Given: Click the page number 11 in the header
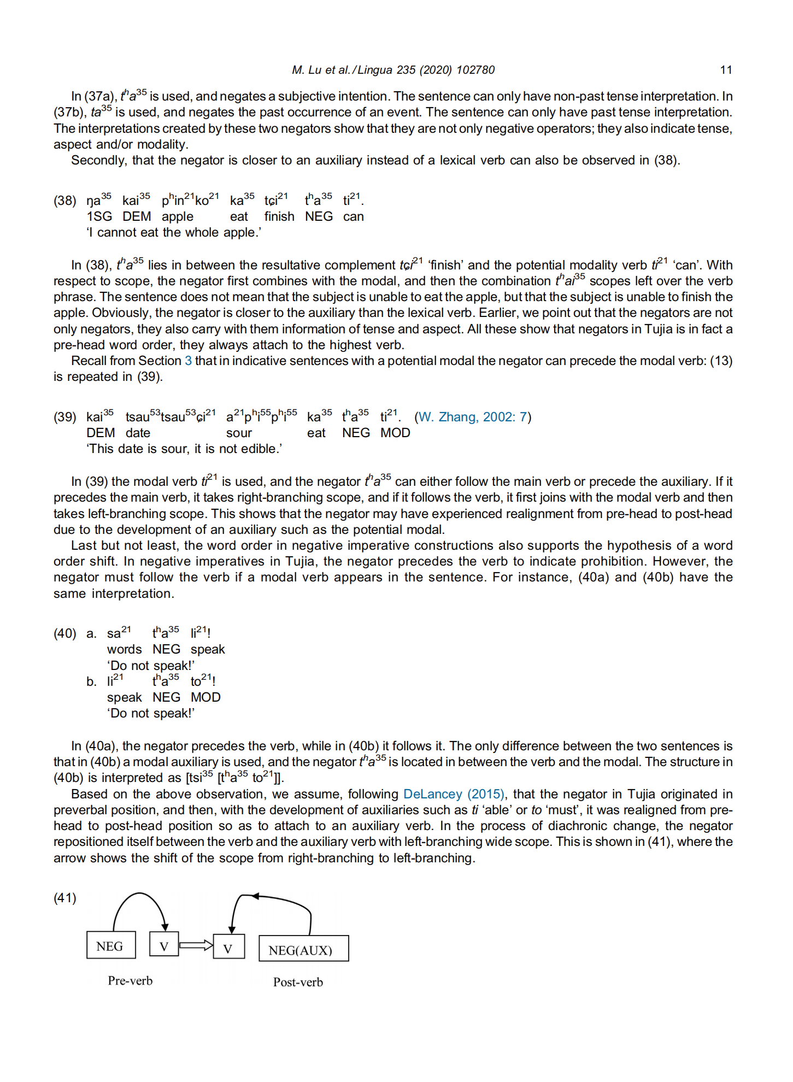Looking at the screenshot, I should [x=725, y=70].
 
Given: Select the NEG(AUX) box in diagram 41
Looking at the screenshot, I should [x=303, y=950].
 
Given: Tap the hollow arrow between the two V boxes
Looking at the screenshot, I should [x=196, y=945].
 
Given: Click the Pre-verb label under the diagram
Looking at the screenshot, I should [x=130, y=981].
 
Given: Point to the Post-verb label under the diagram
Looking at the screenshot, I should [x=298, y=983].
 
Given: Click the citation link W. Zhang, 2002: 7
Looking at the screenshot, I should [x=472, y=417].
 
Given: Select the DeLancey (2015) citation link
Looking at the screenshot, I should [x=454, y=794].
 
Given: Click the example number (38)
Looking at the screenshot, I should [x=65, y=201].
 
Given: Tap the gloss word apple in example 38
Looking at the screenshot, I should [x=177, y=216].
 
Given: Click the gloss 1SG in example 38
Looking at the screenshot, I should [x=99, y=216].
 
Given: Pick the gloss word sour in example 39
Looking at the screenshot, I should [x=239, y=433].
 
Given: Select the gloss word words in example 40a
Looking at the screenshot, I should [x=124, y=649].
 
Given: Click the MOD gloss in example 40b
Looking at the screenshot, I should [x=205, y=697].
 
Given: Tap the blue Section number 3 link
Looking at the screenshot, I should [x=188, y=361].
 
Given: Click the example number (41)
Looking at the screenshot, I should [x=65, y=898].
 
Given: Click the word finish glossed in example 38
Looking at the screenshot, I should [x=279, y=216].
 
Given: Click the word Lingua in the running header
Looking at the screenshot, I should [x=375, y=70].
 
